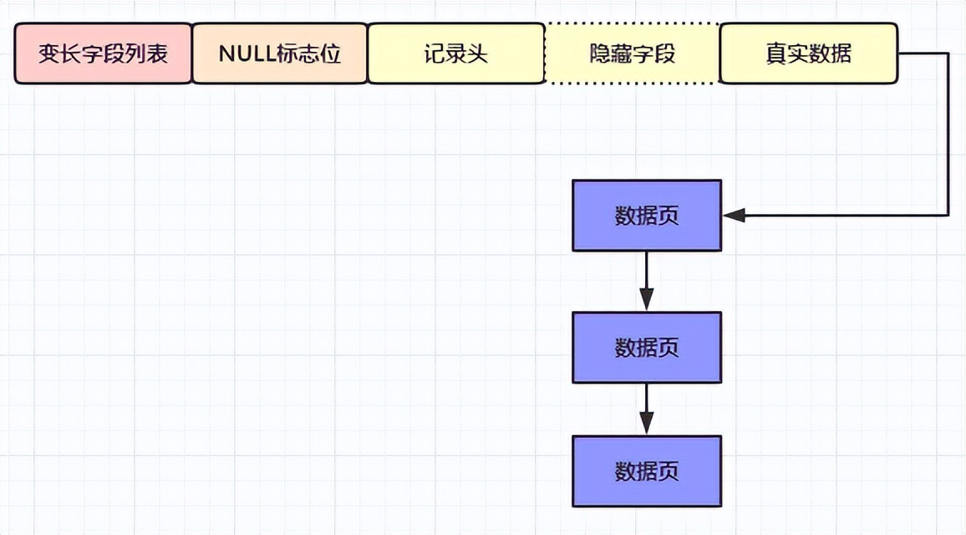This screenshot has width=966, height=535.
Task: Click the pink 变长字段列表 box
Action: [103, 53]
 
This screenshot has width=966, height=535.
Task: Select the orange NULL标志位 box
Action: [280, 53]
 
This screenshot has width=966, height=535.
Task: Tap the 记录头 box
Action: [455, 53]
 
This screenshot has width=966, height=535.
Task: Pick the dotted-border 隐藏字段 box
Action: [632, 53]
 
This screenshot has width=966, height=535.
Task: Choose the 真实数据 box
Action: [808, 53]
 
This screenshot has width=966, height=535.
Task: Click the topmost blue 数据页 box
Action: [646, 216]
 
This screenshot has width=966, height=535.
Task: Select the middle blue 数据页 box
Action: [646, 347]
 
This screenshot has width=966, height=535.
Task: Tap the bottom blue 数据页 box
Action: [646, 471]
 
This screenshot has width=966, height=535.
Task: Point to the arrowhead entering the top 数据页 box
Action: [734, 216]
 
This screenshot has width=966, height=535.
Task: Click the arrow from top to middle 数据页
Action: [646, 281]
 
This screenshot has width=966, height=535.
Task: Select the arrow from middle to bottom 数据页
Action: [646, 409]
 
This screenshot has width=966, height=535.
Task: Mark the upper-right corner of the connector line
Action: [948, 53]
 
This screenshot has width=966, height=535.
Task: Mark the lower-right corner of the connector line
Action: [948, 216]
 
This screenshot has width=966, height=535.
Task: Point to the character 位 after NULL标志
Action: [331, 53]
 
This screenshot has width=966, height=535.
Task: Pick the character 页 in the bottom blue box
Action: [669, 471]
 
